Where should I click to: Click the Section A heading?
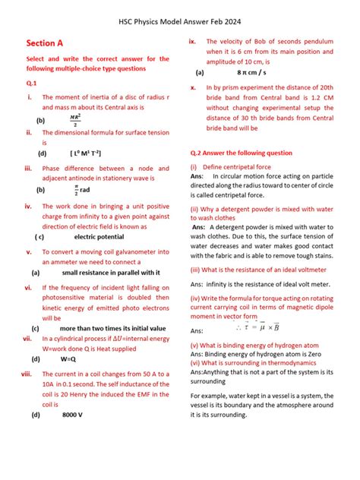45,44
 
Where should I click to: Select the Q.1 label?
32,84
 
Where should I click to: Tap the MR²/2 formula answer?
75,119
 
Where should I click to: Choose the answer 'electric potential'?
94,236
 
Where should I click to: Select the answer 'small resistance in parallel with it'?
110,272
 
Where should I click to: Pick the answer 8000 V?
73,415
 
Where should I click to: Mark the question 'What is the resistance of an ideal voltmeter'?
262,269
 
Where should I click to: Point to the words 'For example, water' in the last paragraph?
219,396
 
